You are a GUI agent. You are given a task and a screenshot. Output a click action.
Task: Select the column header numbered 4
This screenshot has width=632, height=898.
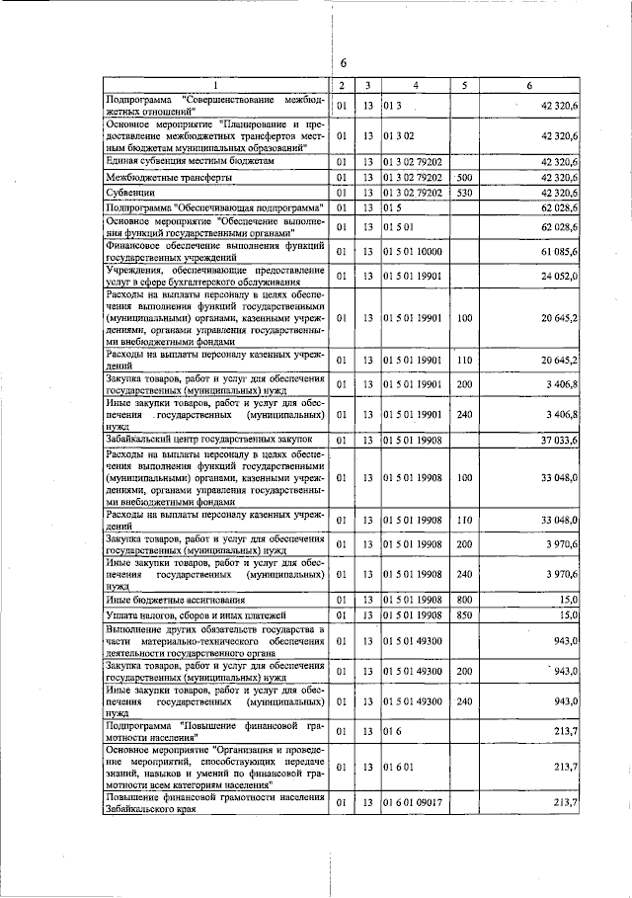coord(416,87)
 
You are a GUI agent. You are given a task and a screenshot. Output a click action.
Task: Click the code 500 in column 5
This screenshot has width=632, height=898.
coord(465,177)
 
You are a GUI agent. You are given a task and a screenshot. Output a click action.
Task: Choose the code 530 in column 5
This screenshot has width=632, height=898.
coord(465,193)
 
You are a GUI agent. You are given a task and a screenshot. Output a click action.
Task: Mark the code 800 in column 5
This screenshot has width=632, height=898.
coord(465,600)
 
